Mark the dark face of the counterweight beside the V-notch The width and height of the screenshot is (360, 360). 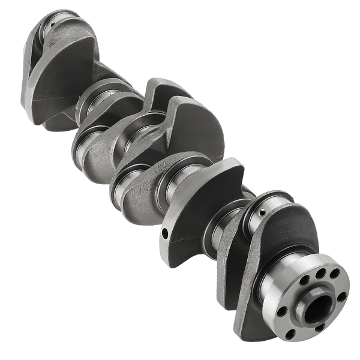(x=192, y=129)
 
